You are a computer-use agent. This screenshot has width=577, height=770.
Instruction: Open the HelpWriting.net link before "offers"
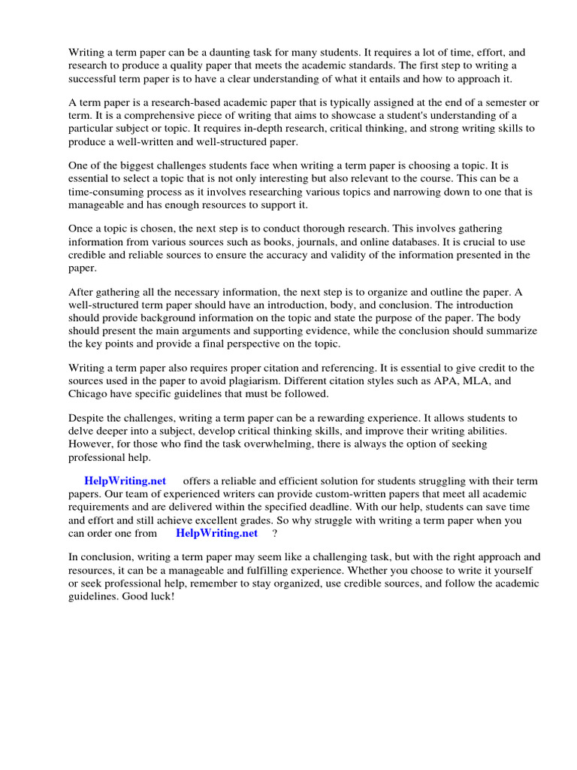(125, 481)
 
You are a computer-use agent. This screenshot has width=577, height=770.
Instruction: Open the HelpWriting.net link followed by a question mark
(216, 533)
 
